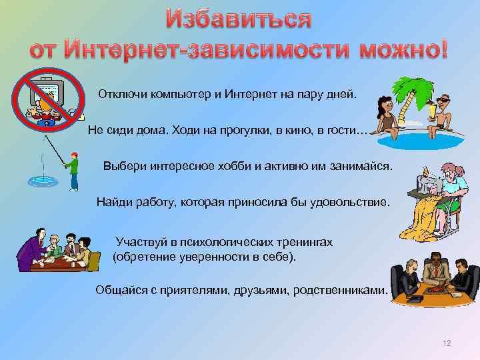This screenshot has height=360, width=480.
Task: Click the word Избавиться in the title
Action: (239, 19)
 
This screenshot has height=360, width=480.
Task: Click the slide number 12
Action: (447, 343)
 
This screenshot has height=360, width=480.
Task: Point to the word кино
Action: (299, 131)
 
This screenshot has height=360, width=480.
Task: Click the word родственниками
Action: (341, 290)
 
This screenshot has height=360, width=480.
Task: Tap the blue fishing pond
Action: (43, 182)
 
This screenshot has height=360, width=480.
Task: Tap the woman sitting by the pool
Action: (386, 117)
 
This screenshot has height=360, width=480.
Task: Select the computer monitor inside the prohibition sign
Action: (46, 91)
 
